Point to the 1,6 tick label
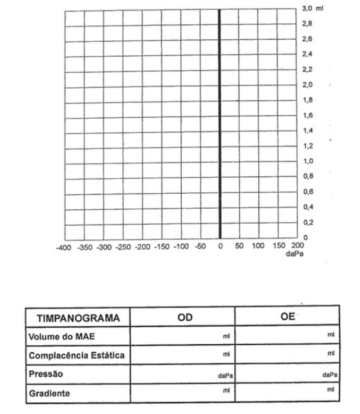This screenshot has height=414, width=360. (307, 115)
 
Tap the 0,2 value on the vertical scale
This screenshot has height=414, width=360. (307, 222)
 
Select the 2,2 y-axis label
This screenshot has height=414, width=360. (307, 70)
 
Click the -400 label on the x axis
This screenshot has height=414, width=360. (63, 248)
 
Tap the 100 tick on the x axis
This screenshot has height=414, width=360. (258, 246)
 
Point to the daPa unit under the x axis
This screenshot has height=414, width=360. (294, 254)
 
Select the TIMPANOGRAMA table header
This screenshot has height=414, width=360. (78, 318)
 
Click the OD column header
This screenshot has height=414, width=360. (185, 318)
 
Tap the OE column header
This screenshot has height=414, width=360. (288, 317)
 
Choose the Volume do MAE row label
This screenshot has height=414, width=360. (61, 336)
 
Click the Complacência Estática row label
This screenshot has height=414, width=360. (76, 355)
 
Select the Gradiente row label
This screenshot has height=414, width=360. (49, 394)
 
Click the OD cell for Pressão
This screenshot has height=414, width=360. (183, 374)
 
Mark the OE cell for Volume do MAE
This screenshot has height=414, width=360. (287, 335)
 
